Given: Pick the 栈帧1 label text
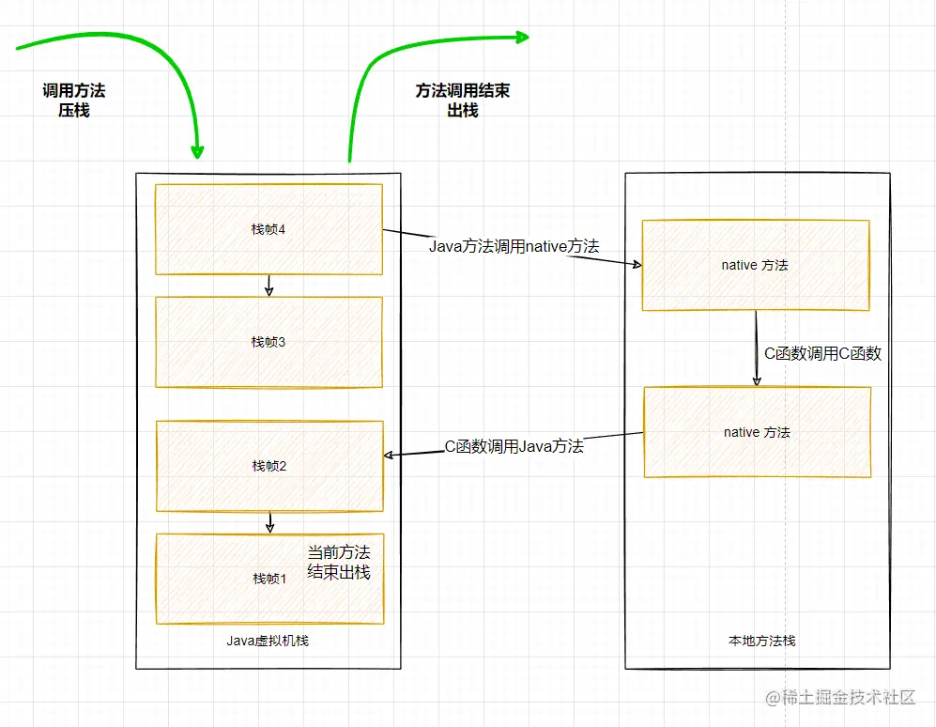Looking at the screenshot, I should [x=269, y=579].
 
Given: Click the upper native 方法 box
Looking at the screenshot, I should [x=755, y=265].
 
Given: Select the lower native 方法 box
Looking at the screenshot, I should [x=757, y=432].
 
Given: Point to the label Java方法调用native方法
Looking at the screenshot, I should [x=514, y=246].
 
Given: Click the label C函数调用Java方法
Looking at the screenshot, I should [x=514, y=446].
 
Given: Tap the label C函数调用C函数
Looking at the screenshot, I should [x=822, y=353].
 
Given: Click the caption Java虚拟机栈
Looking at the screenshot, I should [x=268, y=641].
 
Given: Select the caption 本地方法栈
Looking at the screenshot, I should [x=761, y=641].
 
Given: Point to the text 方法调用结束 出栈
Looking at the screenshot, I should [x=463, y=101].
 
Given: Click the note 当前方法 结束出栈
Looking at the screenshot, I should [x=339, y=562].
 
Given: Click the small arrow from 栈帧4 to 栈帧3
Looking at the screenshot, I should [x=269, y=286].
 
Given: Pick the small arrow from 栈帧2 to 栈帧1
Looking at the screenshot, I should [x=269, y=521].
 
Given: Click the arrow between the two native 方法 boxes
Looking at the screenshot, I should [x=757, y=348].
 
